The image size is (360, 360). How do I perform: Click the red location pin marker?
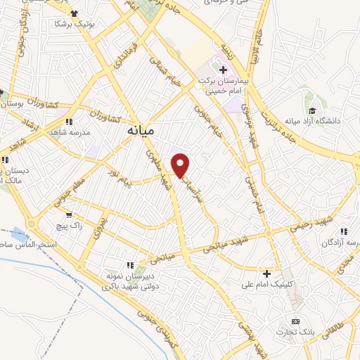pos(181,165)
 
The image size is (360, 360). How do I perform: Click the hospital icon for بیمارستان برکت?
pos(224,71)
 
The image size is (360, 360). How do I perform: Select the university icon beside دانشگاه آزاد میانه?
pos(312,110)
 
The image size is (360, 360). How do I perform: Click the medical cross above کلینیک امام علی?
pos(266,273)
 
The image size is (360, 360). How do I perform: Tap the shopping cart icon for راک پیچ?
pos(69,216)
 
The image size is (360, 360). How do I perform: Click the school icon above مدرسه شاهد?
pos(68,122)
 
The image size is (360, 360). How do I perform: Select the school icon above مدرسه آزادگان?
pos(343,231)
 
